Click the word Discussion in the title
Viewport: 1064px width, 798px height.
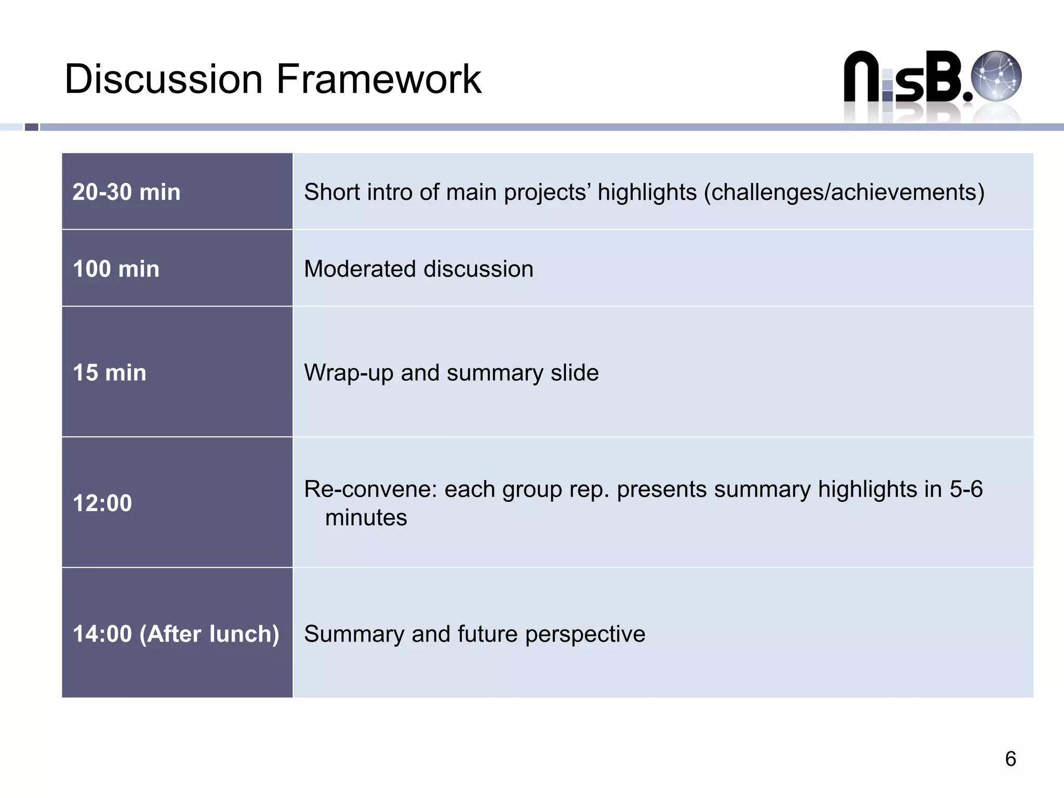(164, 79)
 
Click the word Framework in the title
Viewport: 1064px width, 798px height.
(379, 79)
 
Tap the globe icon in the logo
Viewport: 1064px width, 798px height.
(996, 76)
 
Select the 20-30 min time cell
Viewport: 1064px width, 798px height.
(126, 192)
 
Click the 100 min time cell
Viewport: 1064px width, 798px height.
(116, 269)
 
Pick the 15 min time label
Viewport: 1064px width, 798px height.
(109, 373)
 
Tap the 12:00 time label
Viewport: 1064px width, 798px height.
(102, 503)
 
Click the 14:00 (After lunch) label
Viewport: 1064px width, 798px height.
(176, 634)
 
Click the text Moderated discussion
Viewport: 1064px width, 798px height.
(418, 269)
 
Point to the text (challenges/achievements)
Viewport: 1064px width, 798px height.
(844, 192)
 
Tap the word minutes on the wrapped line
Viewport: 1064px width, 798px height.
(366, 518)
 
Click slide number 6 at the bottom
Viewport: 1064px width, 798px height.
(1010, 759)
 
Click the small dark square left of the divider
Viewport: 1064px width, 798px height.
(32, 127)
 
